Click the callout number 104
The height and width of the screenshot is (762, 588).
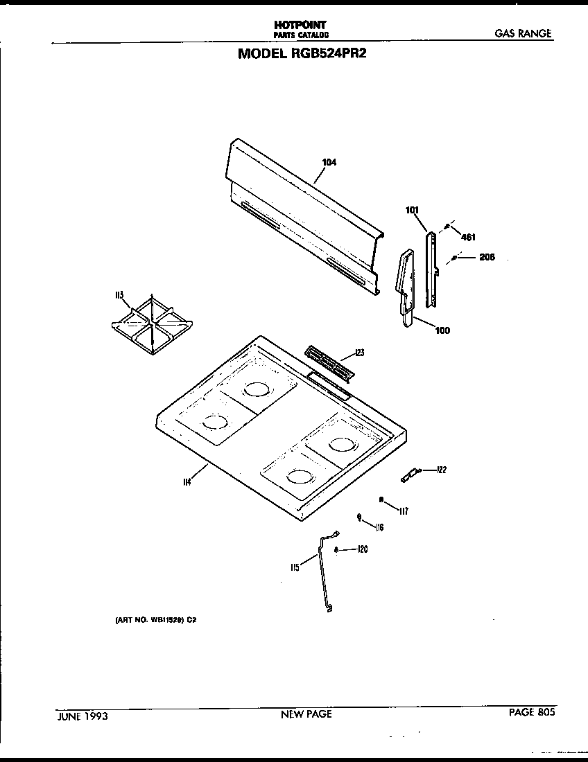tap(329, 163)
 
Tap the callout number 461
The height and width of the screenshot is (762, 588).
tap(468, 238)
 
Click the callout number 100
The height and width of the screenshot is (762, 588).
tap(442, 330)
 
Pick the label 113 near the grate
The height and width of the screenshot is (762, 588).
tap(119, 296)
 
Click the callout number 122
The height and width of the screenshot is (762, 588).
tap(441, 470)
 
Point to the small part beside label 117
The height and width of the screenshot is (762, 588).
tap(381, 499)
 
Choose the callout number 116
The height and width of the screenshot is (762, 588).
tap(379, 528)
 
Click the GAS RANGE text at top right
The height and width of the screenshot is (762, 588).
tap(523, 33)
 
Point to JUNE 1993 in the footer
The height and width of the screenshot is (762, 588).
tap(81, 715)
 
